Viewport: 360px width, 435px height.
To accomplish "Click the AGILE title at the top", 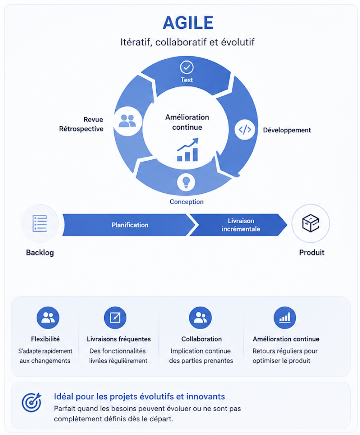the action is click(x=188, y=23).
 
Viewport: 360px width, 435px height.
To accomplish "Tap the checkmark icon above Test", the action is click(x=186, y=67).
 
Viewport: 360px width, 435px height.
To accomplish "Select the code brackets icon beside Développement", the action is click(x=245, y=129).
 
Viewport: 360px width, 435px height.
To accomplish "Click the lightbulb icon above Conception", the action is click(x=186, y=182).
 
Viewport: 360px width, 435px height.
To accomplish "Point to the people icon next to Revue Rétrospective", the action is click(x=128, y=121).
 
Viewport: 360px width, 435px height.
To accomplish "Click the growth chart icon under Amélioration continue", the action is click(x=188, y=150).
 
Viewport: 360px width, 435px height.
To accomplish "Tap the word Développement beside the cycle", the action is click(x=287, y=130).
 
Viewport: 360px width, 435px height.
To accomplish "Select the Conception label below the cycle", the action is click(x=186, y=202).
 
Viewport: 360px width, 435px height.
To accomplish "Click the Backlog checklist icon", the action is click(x=40, y=223).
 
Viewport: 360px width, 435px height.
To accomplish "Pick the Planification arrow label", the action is click(x=130, y=225).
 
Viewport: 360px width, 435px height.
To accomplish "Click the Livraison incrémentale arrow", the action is click(x=239, y=225).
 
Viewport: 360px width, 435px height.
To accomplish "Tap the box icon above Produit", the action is click(x=310, y=223).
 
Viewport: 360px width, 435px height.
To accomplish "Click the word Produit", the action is click(x=312, y=252).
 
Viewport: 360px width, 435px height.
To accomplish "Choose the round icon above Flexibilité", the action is click(x=48, y=318).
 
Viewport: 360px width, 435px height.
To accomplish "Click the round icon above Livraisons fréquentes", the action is click(x=115, y=318).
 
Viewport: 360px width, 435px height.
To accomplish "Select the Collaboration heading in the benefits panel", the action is click(x=202, y=339).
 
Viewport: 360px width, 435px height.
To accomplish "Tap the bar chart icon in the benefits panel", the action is click(x=285, y=318).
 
